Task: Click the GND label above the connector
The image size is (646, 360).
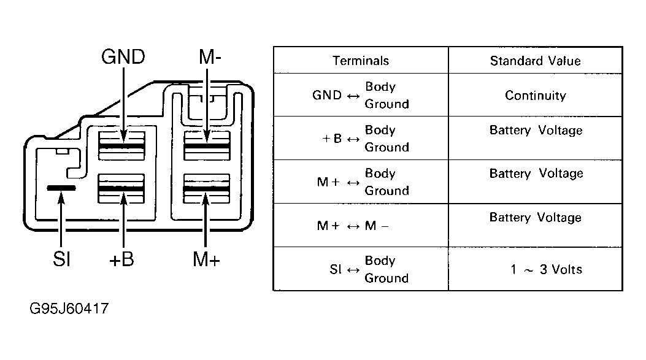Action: click(x=123, y=57)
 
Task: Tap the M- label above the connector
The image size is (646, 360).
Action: click(x=210, y=57)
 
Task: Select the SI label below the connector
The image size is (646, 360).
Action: click(x=61, y=259)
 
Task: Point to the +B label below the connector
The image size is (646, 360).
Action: click(x=121, y=259)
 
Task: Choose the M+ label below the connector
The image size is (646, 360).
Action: click(x=206, y=259)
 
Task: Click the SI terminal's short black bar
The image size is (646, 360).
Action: click(x=61, y=188)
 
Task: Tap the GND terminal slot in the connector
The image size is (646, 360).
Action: click(x=121, y=146)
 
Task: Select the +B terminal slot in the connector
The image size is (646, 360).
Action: click(x=121, y=188)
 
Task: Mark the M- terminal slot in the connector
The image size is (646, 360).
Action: click(x=207, y=146)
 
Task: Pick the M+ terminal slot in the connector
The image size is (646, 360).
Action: click(x=206, y=188)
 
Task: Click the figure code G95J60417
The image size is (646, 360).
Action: click(x=69, y=308)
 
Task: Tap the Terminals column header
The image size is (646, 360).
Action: click(x=361, y=61)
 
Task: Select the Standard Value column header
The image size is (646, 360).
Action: click(x=535, y=61)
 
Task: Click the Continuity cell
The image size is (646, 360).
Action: click(x=536, y=96)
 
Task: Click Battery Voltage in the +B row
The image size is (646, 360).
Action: click(x=536, y=131)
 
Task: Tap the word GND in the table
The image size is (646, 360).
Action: click(x=327, y=95)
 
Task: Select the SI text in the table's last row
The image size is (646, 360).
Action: click(x=336, y=269)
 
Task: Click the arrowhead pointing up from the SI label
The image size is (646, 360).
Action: click(x=61, y=197)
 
